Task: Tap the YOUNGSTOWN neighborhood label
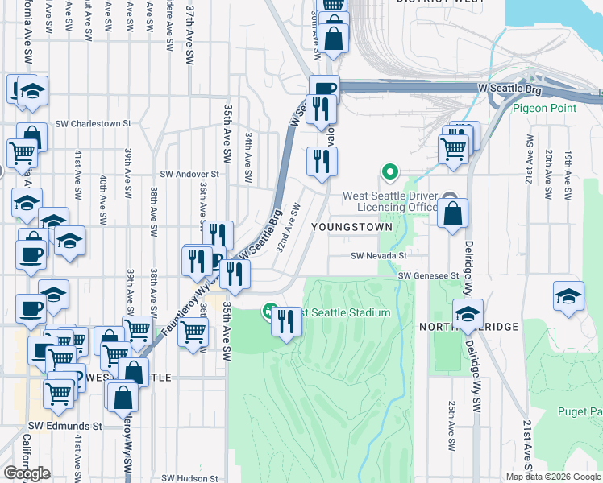tap(360, 227)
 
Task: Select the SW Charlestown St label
tap(94, 124)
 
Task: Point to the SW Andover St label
tap(189, 173)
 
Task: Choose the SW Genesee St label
tap(428, 275)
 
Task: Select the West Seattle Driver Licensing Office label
tap(390, 201)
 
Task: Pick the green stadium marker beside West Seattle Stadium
tap(270, 312)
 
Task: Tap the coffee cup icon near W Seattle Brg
tap(324, 89)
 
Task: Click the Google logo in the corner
tap(27, 473)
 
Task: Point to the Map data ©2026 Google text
tap(553, 477)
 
